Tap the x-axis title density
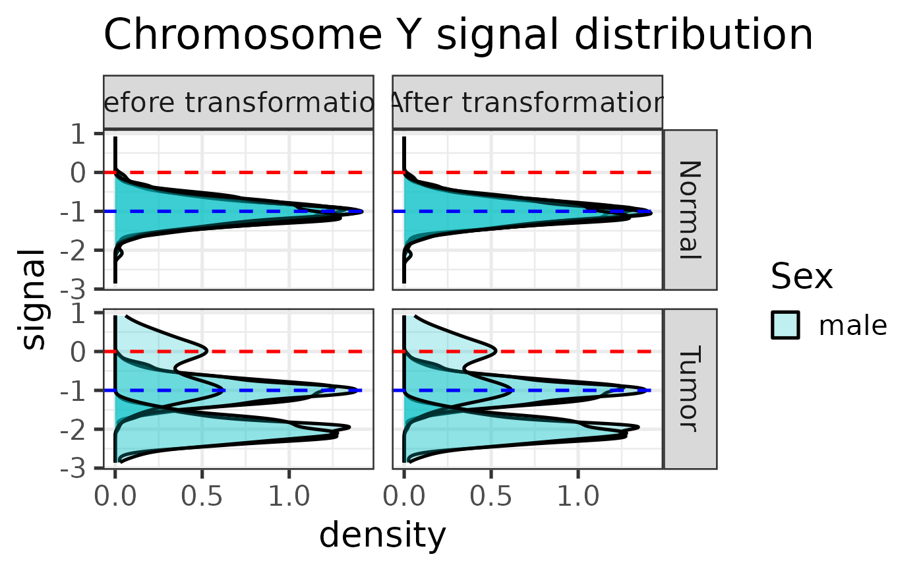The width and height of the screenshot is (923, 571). click(382, 536)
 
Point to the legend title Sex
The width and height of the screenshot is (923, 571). click(802, 277)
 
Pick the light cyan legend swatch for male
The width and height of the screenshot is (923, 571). click(786, 325)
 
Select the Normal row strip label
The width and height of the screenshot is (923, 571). click(690, 210)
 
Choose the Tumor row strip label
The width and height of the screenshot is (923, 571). click(690, 388)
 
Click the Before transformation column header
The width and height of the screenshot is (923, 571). click(239, 102)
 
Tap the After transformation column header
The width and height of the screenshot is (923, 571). click(527, 102)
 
